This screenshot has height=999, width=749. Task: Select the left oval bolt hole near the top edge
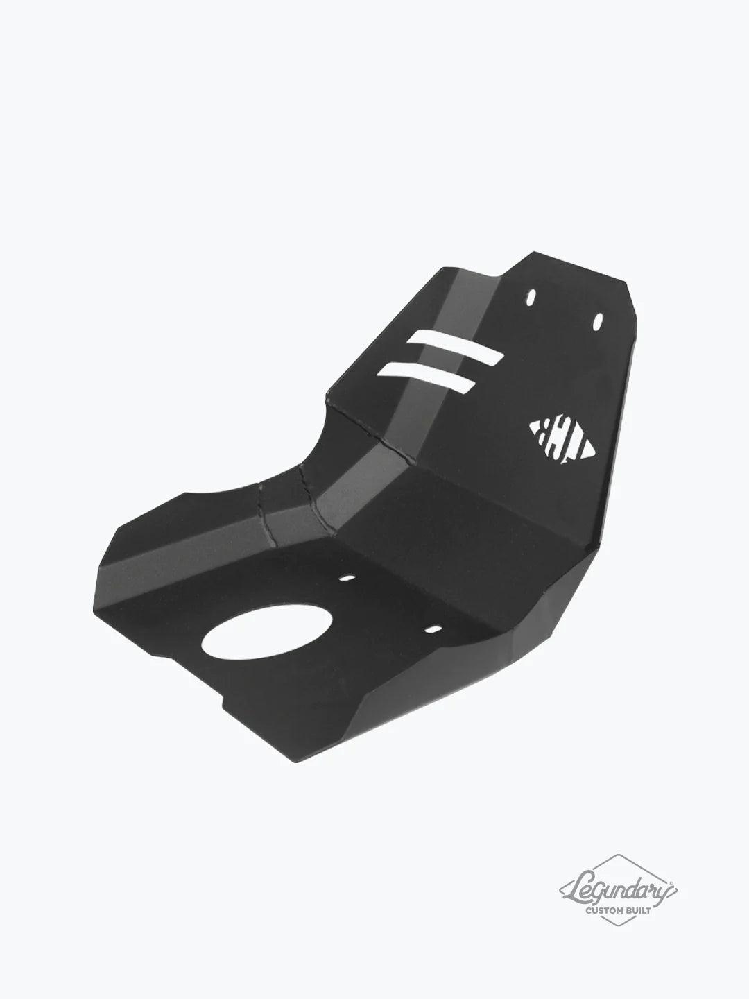[531, 297]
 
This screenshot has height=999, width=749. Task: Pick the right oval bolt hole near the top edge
[597, 320]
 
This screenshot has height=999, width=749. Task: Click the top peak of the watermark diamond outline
[619, 855]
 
